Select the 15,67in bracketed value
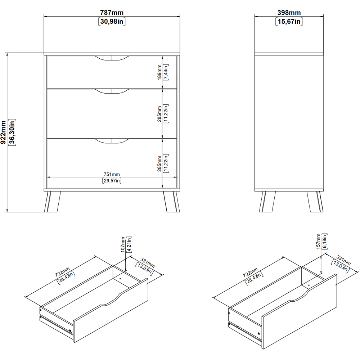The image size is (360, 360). tap(289, 22)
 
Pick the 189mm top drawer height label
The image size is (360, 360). tap(159, 72)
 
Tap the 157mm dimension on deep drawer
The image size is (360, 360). tap(318, 241)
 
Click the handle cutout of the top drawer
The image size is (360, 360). tap(112, 58)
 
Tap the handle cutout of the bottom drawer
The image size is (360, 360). tap(112, 141)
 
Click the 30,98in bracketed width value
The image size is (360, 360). tap(112, 22)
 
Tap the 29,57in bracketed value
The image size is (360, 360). tap(112, 181)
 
